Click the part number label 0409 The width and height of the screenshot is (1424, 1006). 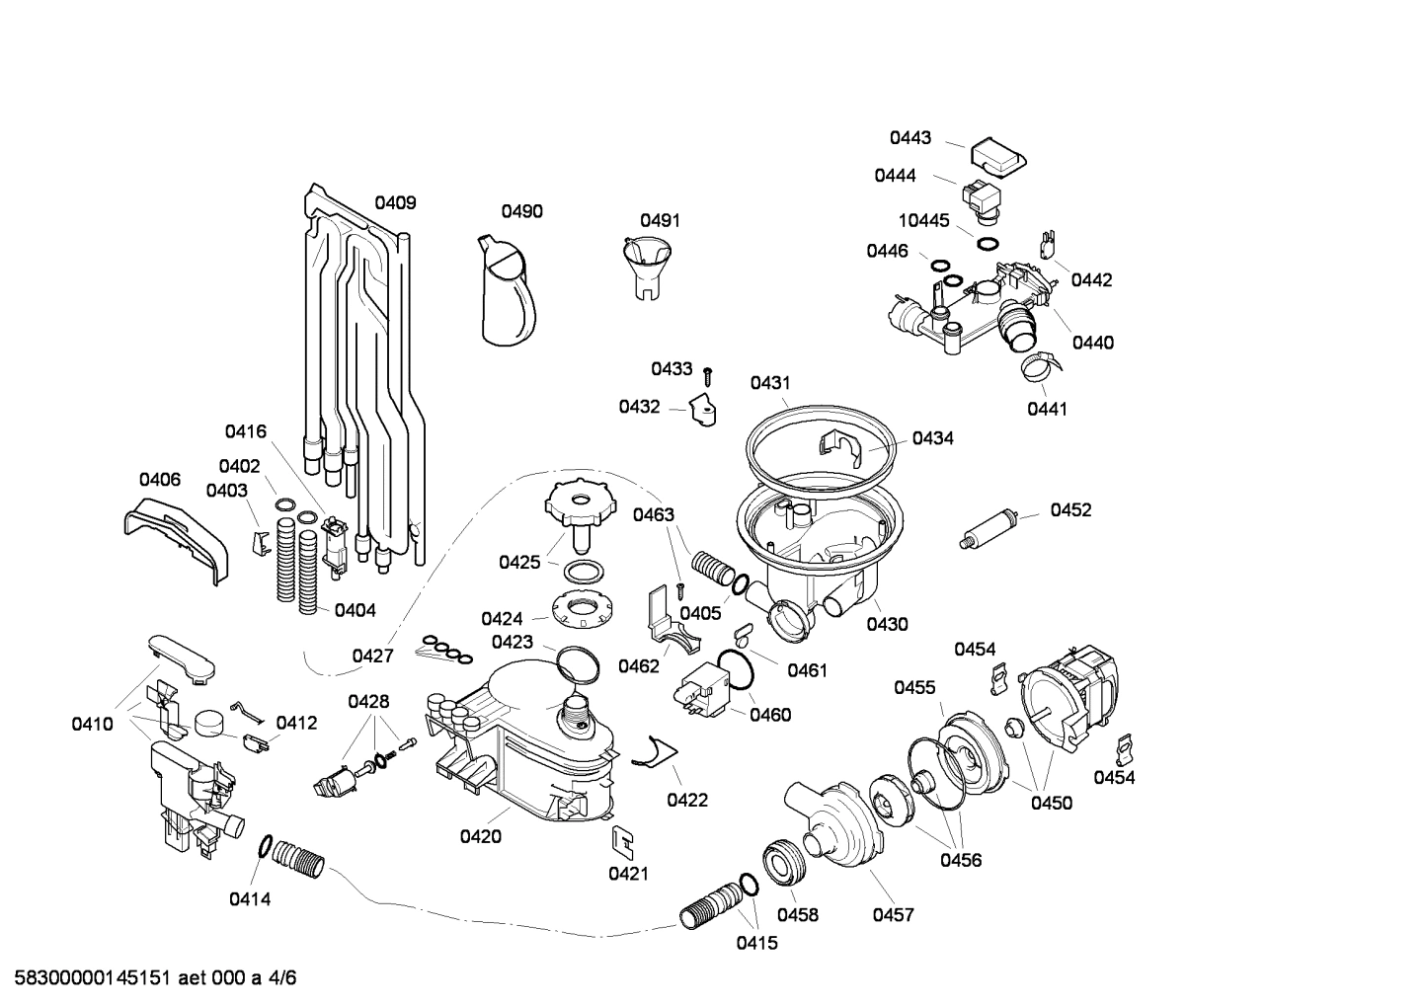coord(395,203)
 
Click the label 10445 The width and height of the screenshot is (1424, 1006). coord(923,221)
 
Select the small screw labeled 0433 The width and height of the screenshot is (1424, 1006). coord(708,374)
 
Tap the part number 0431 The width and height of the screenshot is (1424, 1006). coord(770,382)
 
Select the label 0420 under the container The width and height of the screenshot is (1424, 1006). coord(481,837)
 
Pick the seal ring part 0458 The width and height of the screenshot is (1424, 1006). coord(786,862)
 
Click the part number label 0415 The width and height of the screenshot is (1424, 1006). coord(756,943)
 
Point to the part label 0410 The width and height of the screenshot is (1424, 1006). coord(92,724)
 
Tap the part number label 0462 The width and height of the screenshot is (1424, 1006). coord(639,666)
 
